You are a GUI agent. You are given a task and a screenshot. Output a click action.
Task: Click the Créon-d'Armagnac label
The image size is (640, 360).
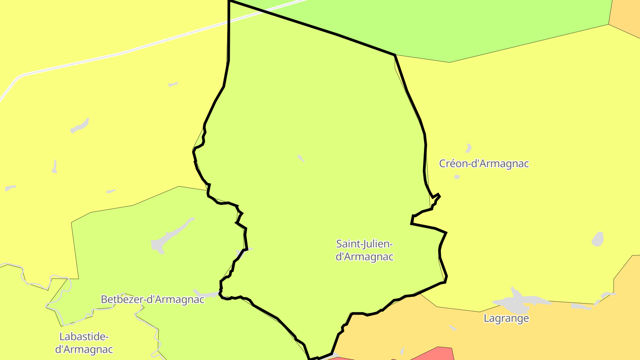484,164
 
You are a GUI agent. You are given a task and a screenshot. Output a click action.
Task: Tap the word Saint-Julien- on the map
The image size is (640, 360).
364,244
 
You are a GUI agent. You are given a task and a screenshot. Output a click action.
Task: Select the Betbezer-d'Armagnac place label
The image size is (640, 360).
152,300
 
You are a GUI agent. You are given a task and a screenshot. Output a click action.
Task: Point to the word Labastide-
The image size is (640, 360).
84,336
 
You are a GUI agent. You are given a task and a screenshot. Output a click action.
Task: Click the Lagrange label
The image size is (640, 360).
506,318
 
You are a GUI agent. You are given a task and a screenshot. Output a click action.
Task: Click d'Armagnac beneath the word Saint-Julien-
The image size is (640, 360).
364,257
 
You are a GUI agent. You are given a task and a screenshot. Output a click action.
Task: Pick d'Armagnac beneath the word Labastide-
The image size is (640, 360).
84,350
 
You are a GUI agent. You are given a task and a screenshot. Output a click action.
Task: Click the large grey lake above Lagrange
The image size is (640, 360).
516,303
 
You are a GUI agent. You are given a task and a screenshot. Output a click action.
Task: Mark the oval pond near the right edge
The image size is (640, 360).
598,239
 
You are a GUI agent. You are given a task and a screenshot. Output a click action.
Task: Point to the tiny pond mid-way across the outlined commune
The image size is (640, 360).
301,158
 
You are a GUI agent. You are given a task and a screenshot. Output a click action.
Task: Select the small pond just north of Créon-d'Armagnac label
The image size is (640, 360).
468,148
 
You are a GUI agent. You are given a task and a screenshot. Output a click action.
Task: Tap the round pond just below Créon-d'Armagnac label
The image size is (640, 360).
457,177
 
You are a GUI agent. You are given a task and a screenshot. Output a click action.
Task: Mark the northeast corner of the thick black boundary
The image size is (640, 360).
395,55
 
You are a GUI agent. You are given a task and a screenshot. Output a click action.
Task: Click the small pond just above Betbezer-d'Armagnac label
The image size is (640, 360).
206,294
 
